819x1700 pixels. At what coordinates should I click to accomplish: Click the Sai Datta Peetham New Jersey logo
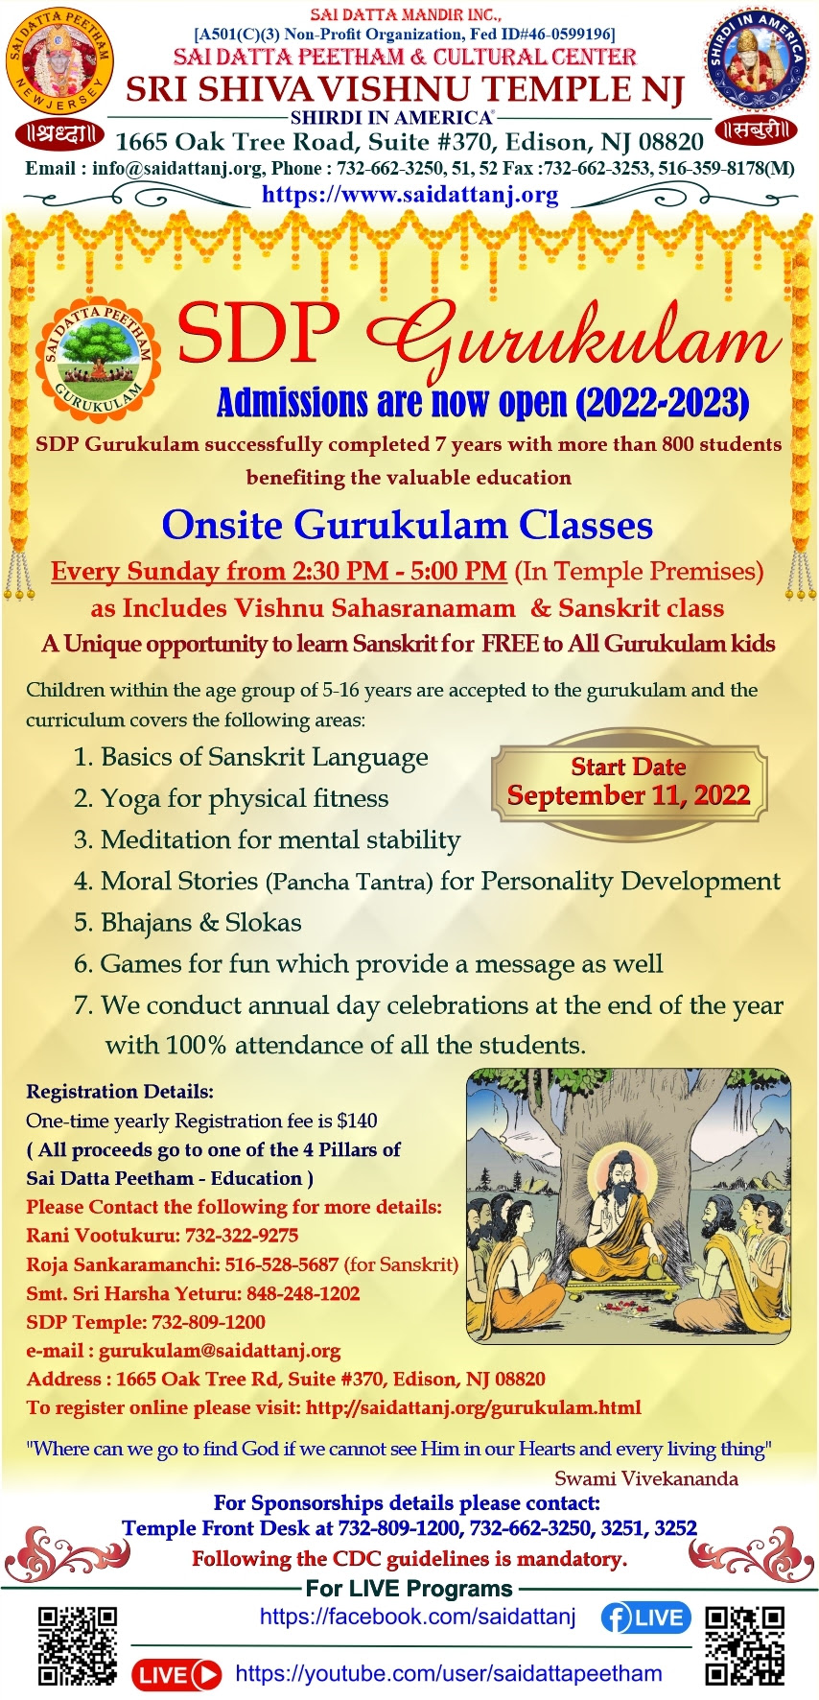point(59,59)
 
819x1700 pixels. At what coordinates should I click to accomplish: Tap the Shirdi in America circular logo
point(759,59)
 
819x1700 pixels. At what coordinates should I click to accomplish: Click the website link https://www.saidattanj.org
point(409,195)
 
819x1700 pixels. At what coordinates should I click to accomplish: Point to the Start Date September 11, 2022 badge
point(629,782)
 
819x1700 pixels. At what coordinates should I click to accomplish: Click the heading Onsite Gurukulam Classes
point(408,525)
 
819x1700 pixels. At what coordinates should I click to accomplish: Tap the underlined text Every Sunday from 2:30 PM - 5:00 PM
point(279,571)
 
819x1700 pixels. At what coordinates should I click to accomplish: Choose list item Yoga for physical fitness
point(231,798)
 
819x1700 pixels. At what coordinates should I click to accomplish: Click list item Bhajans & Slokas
point(188,922)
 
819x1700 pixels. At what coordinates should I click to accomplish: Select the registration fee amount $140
point(357,1121)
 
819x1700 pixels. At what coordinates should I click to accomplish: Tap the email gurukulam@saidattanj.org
point(220,1351)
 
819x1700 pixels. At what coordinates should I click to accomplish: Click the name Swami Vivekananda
point(646,1478)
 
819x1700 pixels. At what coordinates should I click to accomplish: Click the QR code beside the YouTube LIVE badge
point(78,1646)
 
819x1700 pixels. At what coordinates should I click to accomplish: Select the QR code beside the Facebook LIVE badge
point(745,1646)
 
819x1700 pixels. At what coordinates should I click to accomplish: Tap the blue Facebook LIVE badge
point(645,1618)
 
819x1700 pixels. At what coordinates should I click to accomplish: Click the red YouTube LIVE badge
point(176,1674)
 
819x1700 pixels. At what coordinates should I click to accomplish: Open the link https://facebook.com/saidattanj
point(418,1617)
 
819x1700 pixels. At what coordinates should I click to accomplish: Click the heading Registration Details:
point(120,1092)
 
